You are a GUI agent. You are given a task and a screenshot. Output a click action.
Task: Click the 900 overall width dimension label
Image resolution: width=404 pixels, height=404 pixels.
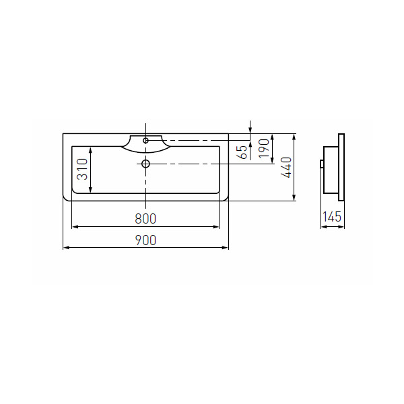[145, 240]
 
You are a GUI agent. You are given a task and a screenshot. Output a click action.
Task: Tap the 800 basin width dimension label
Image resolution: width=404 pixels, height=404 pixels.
[145, 219]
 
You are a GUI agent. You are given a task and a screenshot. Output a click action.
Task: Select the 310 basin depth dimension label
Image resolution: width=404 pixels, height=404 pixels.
[83, 169]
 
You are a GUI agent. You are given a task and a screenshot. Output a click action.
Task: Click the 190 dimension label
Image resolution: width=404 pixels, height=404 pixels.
[263, 149]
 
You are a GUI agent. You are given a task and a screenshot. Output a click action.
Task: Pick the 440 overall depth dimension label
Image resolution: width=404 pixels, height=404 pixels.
[286, 168]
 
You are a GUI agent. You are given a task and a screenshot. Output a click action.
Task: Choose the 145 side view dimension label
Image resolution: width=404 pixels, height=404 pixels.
[332, 217]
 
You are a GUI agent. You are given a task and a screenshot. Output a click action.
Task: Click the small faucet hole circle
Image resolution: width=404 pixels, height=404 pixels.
[145, 141]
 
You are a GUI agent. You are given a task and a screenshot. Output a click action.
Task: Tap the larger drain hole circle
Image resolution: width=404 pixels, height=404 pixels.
[145, 164]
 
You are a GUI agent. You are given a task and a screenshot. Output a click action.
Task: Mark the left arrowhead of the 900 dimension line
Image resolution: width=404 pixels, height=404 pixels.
[66, 248]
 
